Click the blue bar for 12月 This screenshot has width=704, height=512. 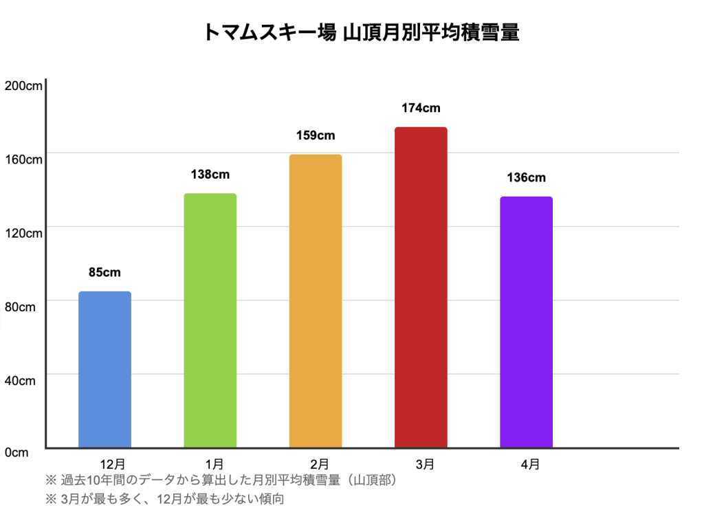click(104, 370)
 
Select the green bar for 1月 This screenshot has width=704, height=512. click(210, 320)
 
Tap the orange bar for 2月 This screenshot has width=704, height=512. click(316, 301)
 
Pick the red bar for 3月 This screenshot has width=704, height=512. click(421, 287)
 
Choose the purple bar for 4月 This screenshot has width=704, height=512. click(526, 322)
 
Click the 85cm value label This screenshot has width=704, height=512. click(104, 272)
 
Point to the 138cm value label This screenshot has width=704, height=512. click(210, 175)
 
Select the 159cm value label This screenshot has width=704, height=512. click(316, 135)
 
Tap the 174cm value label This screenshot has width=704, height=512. click(421, 108)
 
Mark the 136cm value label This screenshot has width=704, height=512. click(526, 178)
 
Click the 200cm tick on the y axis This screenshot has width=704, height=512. click(23, 86)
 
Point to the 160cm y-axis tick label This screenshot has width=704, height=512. click(23, 159)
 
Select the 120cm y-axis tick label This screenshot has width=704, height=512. click(23, 233)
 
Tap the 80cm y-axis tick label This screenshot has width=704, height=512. click(21, 307)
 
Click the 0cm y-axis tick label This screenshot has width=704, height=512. click(16, 452)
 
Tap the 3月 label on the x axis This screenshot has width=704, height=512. click(425, 465)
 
